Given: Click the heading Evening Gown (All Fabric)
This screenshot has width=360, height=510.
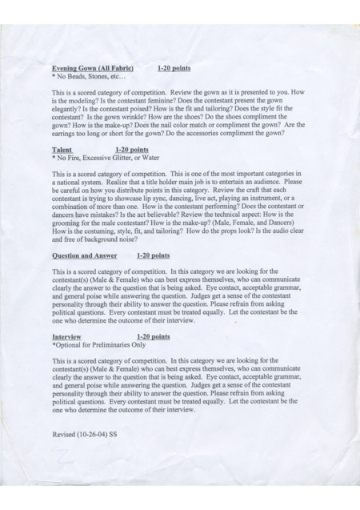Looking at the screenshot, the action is pyautogui.click(x=92, y=69).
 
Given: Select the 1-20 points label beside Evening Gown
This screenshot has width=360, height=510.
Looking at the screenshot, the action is pyautogui.click(x=174, y=69).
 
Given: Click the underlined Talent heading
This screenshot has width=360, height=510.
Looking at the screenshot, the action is pyautogui.click(x=62, y=150).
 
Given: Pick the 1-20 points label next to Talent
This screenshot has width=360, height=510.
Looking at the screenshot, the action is pyautogui.click(x=132, y=150).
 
